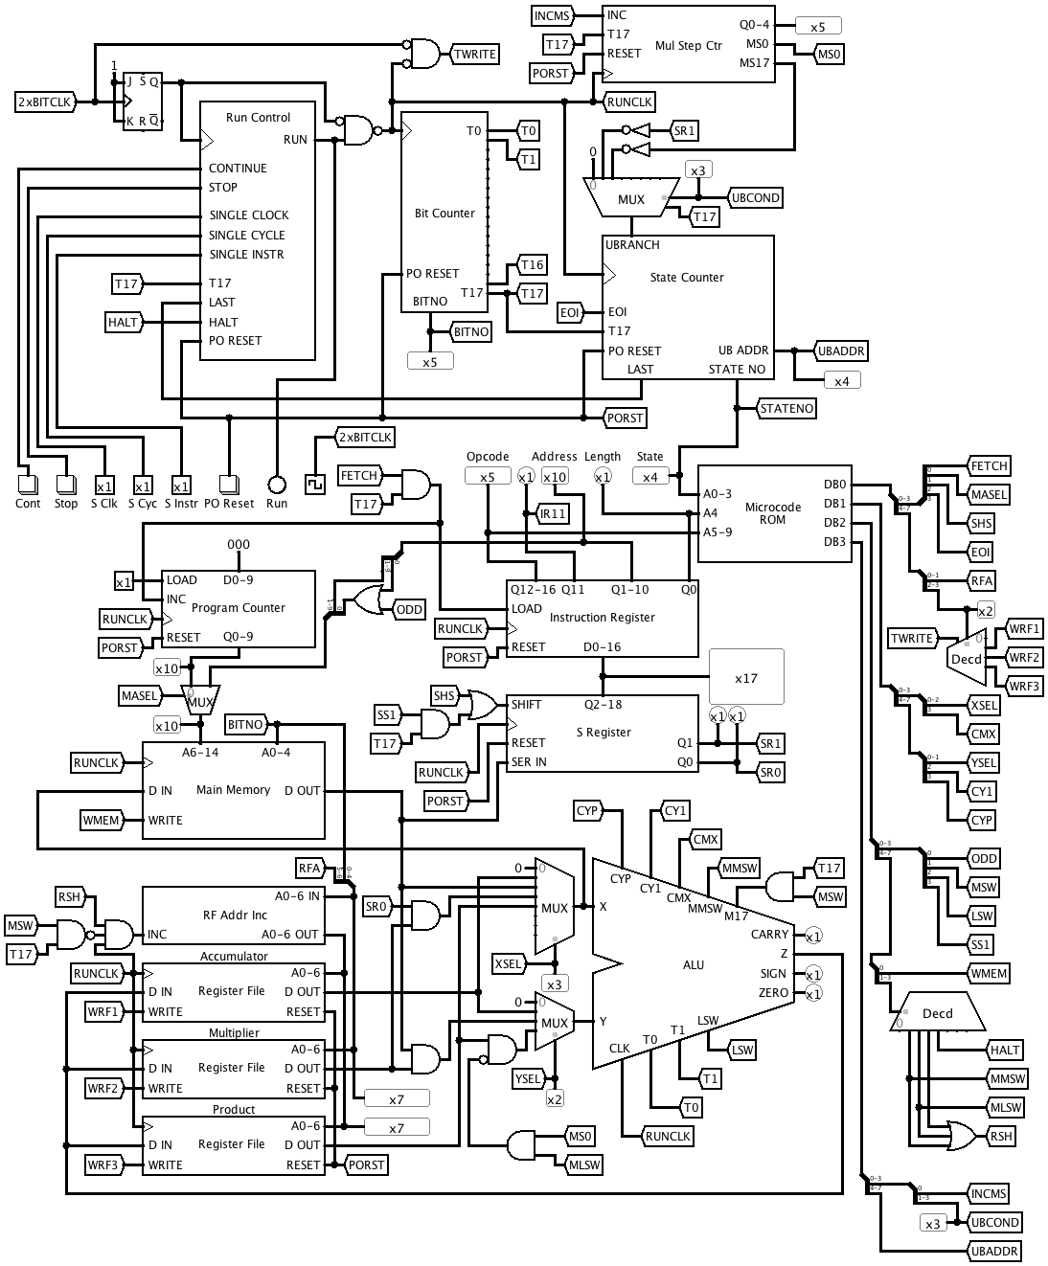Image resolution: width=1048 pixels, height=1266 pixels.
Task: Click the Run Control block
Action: [257, 230]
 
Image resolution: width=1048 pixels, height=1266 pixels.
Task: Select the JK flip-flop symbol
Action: [143, 102]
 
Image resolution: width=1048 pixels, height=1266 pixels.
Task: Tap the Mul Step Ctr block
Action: [688, 45]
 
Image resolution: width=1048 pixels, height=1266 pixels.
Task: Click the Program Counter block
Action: [238, 608]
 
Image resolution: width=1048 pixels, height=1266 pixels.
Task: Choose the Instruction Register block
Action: [602, 618]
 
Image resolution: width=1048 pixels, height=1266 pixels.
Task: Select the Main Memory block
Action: [233, 790]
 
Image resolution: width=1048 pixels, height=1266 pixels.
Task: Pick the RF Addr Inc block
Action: [234, 915]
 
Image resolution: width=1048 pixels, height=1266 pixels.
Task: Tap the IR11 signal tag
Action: [553, 514]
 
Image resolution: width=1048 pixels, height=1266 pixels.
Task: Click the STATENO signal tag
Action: [786, 409]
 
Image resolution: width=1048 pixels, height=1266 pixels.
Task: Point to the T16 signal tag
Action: [532, 265]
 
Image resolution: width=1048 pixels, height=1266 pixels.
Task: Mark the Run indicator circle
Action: [276, 485]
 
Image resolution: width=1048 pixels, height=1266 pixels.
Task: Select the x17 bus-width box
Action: [746, 678]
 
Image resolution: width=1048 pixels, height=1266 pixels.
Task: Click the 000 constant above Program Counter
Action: [238, 544]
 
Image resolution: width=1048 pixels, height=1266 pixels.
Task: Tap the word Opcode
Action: [488, 457]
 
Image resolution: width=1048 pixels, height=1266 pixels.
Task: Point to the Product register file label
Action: [234, 1110]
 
